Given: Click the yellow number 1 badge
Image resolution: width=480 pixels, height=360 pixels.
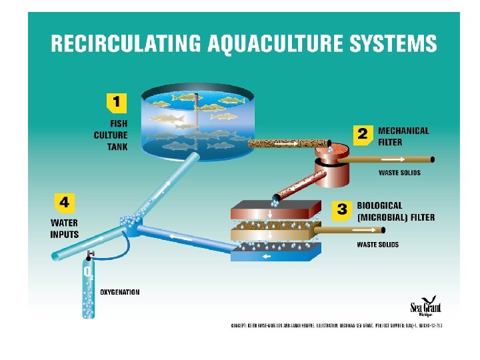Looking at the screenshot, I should point(116,103).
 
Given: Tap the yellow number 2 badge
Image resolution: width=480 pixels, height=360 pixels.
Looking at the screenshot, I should point(362,135).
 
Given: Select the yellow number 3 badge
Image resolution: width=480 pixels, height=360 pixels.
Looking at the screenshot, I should point(341,209).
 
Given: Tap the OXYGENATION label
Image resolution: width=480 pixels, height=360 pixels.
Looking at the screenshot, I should point(120,292).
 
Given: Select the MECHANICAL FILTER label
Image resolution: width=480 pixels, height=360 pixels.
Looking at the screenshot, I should point(403,136).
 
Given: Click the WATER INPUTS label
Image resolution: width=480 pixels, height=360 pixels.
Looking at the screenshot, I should point(64,229).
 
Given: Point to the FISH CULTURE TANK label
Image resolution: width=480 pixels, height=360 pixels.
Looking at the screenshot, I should point(111,133).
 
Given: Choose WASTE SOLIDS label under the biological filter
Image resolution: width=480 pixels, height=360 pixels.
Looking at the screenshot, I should point(378,245).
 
